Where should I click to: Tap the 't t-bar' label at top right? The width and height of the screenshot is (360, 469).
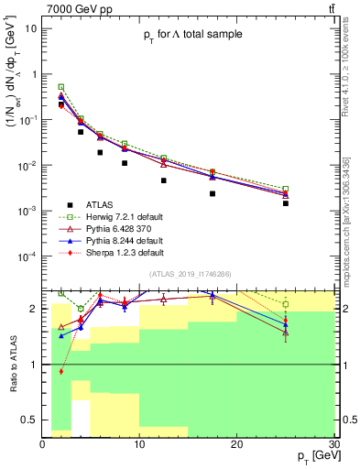tap(330, 8)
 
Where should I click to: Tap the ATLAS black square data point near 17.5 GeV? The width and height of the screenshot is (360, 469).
tap(213, 193)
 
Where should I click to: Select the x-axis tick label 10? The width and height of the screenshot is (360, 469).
tap(139, 444)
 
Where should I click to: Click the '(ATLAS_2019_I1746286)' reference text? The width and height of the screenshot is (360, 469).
tap(189, 274)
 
